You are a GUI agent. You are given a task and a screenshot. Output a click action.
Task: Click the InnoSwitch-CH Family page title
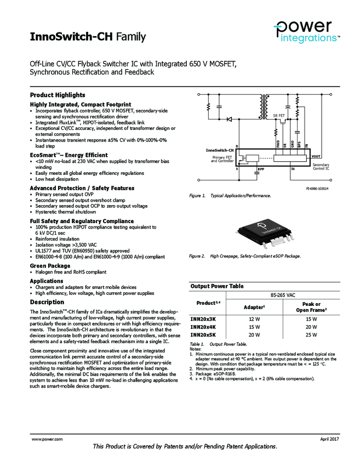(88, 37)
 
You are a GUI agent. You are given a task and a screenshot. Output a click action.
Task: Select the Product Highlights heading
(58, 95)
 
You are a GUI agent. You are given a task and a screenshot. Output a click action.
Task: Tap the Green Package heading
(50, 266)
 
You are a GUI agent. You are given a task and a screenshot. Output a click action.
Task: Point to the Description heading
(47, 302)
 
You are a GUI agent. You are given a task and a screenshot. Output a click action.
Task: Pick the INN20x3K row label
(203, 319)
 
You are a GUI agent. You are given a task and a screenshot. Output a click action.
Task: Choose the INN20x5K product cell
(203, 334)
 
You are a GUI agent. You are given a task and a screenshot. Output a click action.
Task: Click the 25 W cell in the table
(311, 334)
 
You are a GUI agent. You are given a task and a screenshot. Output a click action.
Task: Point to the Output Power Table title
(217, 286)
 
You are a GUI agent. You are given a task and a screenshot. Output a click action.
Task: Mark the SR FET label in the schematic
(279, 116)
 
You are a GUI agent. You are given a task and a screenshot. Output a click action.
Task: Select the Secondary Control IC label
(321, 166)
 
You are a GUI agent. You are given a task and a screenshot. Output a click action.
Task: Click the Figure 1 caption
(230, 196)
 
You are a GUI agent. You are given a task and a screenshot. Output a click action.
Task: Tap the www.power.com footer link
(47, 439)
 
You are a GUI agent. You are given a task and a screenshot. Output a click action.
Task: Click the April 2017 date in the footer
(330, 439)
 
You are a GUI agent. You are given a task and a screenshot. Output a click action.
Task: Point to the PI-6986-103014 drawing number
(317, 188)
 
